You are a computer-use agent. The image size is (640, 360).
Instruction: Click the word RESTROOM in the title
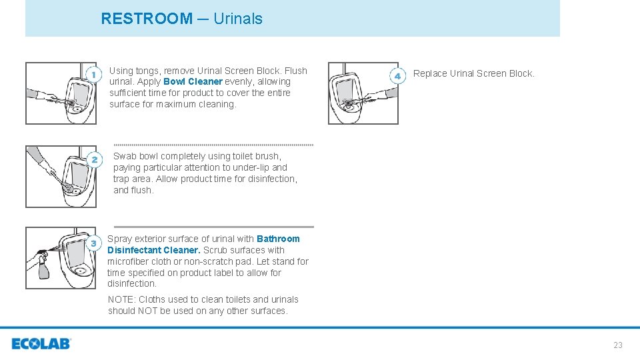click(x=147, y=19)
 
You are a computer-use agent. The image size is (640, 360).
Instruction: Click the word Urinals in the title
click(x=238, y=19)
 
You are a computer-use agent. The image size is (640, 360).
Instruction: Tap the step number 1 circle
click(x=94, y=73)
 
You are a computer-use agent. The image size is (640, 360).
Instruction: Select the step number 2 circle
click(x=94, y=160)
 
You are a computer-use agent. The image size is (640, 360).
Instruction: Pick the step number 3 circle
click(x=94, y=243)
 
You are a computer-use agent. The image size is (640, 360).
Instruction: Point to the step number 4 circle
click(x=397, y=77)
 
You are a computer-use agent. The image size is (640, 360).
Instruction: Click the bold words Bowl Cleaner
click(x=193, y=82)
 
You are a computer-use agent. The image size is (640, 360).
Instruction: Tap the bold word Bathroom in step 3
click(x=278, y=239)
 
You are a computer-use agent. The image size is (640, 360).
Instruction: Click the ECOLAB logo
click(x=41, y=344)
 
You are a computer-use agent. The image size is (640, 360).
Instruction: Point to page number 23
click(x=617, y=345)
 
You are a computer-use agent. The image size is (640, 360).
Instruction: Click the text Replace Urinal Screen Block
click(x=473, y=73)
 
